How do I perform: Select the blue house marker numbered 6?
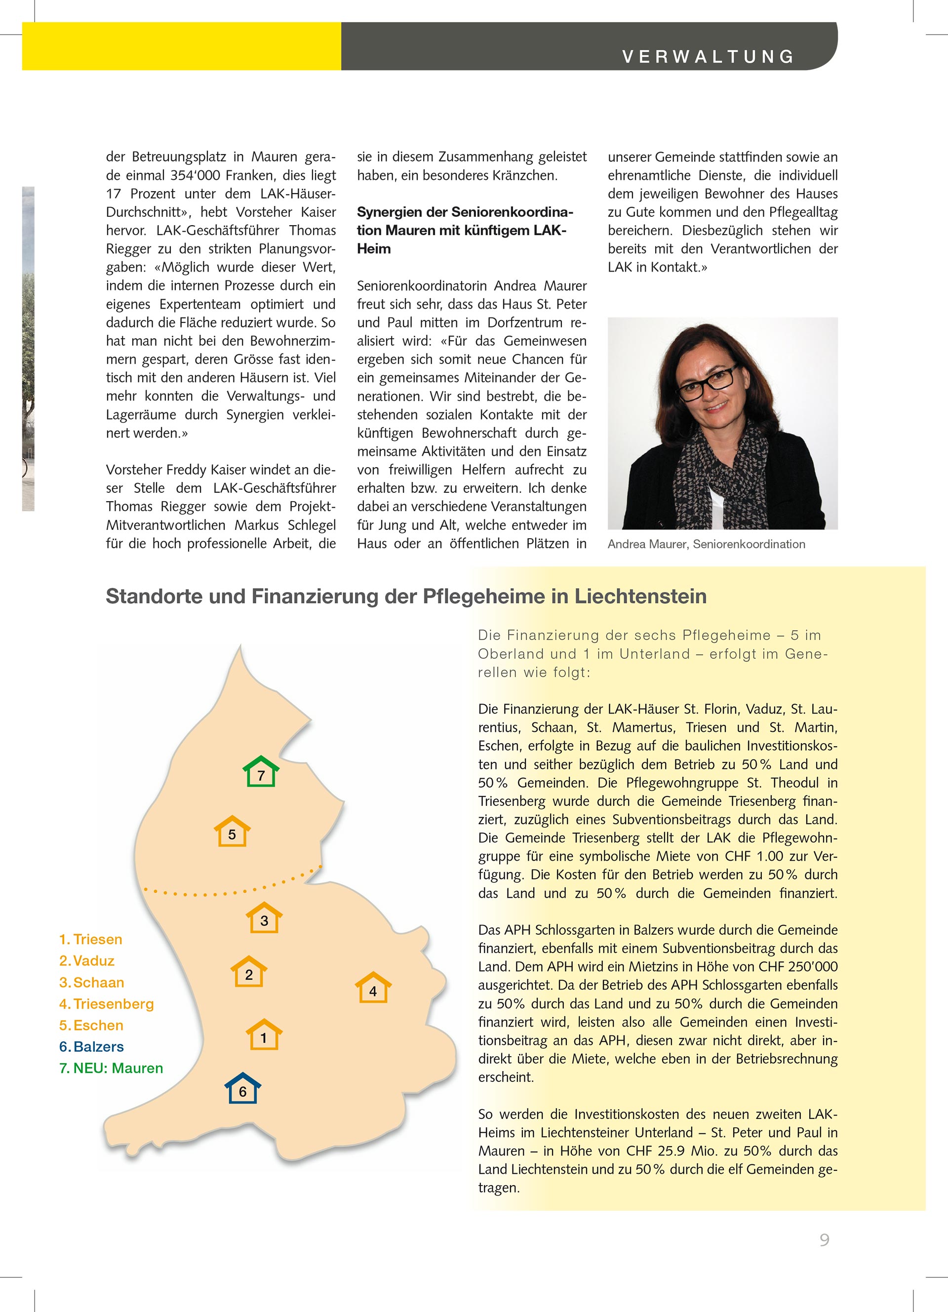(243, 1089)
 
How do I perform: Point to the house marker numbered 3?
(264, 917)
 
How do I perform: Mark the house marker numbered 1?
(264, 1035)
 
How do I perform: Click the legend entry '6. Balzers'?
(91, 1046)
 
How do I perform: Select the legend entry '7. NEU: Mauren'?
(111, 1068)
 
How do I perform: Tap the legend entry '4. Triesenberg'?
(107, 1004)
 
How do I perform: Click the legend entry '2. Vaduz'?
(87, 960)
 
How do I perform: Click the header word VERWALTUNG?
(708, 57)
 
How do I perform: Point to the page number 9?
(824, 1240)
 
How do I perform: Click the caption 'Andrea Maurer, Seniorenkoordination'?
(706, 544)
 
